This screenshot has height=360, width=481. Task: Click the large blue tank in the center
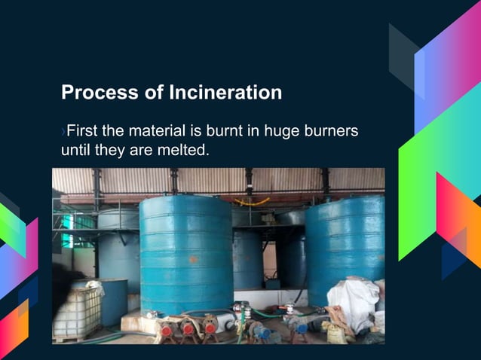186,252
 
